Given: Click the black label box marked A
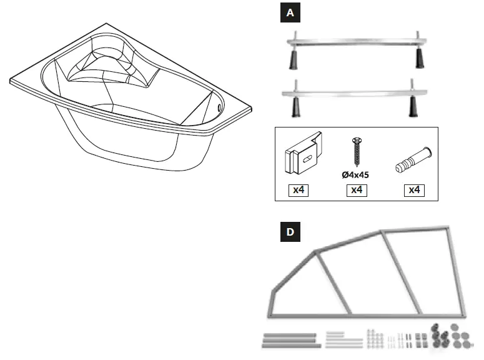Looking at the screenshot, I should point(289,13).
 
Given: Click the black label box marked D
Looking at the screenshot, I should point(289,232).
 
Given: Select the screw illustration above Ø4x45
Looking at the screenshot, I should point(357,153).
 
